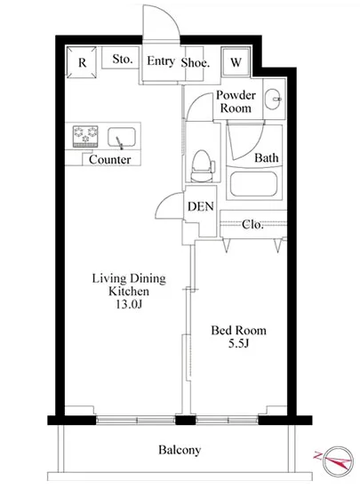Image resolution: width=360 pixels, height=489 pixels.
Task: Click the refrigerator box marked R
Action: pyautogui.click(x=81, y=62)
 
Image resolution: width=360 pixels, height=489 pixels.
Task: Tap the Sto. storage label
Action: pyautogui.click(x=123, y=59)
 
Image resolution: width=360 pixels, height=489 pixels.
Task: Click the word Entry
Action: pyautogui.click(x=161, y=60)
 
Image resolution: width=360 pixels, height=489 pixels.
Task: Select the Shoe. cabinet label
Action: pyautogui.click(x=196, y=63)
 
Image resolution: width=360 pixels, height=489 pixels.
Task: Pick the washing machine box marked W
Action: pyautogui.click(x=236, y=62)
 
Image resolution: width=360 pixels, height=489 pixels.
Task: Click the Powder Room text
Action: pyautogui.click(x=236, y=101)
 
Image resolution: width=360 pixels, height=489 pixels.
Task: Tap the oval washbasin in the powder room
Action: pyautogui.click(x=273, y=100)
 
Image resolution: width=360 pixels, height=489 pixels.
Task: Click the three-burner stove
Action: pyautogui.click(x=85, y=136)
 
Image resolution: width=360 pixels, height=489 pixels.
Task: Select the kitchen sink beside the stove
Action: pyautogui.click(x=122, y=138)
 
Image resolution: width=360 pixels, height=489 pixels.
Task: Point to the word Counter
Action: pyautogui.click(x=109, y=160)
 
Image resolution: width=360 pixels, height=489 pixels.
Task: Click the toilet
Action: pyautogui.click(x=203, y=166)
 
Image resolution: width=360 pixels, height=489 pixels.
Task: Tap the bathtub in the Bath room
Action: pyautogui.click(x=253, y=184)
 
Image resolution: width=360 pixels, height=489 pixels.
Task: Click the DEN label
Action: pyautogui.click(x=201, y=206)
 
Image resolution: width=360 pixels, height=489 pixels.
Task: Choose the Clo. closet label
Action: pyautogui.click(x=252, y=224)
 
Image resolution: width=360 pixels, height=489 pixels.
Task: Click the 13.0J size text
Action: pyautogui.click(x=129, y=304)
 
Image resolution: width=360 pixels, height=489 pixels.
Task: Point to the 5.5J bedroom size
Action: pyautogui.click(x=238, y=343)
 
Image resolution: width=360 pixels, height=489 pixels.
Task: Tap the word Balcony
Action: pyautogui.click(x=180, y=450)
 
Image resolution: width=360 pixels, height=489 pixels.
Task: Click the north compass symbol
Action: pyautogui.click(x=337, y=461)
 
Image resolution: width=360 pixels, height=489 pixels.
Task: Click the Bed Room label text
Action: pyautogui.click(x=239, y=330)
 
